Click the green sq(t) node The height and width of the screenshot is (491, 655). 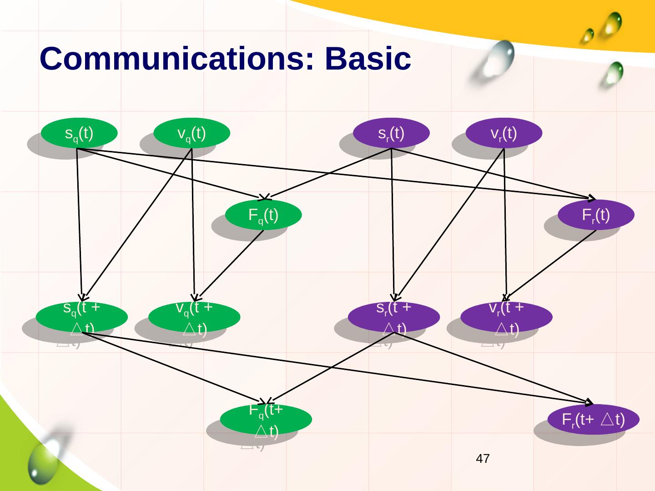(79, 133)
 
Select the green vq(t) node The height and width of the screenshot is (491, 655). (191, 133)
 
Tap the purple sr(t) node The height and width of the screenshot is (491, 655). (392, 133)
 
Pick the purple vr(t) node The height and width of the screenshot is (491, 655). (504, 133)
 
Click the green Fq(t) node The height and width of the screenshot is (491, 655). (263, 215)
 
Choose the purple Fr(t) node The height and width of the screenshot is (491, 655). (596, 215)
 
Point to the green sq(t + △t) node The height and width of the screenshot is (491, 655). (81, 317)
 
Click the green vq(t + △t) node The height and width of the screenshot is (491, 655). (194, 317)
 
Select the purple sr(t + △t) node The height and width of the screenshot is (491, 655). (394, 317)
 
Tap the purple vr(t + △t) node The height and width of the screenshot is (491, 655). (506, 317)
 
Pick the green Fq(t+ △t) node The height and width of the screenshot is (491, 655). (266, 419)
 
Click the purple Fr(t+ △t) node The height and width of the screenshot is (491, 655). (594, 419)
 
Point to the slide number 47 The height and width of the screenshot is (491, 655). (483, 459)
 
